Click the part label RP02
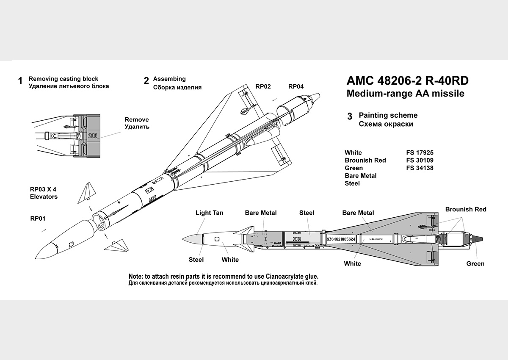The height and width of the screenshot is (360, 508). point(263,86)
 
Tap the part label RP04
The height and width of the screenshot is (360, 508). point(296,86)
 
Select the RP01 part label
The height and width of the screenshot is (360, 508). point(37,219)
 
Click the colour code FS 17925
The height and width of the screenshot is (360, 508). point(420,152)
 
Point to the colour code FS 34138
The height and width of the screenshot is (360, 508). point(420,168)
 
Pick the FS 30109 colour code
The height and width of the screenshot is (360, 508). point(420,160)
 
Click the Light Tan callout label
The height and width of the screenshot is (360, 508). point(209,213)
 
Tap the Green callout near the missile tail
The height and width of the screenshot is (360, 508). point(475,263)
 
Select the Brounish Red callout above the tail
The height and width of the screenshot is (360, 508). point(466,209)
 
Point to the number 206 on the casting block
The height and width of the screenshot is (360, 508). point(93,136)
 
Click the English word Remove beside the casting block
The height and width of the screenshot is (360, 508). point(137,119)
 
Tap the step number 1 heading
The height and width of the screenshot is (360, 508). point(20,81)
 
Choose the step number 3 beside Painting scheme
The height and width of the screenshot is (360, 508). point(349,116)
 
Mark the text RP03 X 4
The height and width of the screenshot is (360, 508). point(43,189)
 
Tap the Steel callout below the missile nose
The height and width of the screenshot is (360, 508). point(196,259)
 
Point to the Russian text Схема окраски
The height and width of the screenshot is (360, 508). point(386,124)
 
